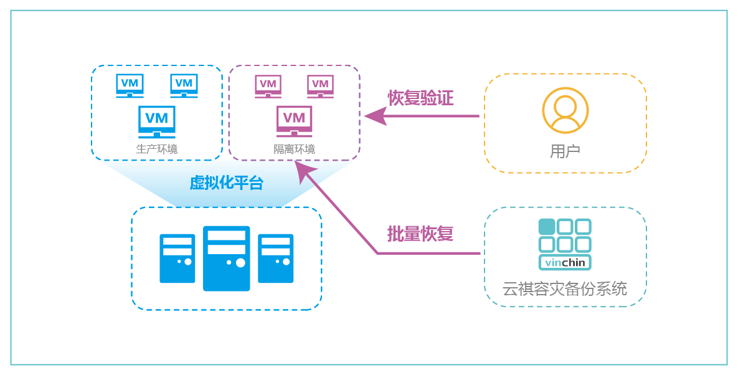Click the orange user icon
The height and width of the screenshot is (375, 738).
[x=565, y=110]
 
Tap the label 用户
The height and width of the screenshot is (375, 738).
[x=565, y=151]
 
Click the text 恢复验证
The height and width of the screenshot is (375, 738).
[x=420, y=98]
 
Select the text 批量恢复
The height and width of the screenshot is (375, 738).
[x=420, y=234]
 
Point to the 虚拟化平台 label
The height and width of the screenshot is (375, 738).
[x=227, y=183]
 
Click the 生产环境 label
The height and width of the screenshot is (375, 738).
[x=156, y=150]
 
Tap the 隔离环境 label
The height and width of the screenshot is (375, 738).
[x=294, y=150]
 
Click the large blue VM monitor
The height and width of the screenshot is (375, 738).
[x=156, y=121]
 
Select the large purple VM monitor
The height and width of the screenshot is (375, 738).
[x=294, y=121]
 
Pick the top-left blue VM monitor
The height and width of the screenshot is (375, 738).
[x=130, y=85]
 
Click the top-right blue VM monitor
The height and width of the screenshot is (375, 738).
[x=184, y=85]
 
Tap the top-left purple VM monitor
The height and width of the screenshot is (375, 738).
[x=268, y=86]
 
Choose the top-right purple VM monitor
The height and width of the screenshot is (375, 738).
[x=320, y=86]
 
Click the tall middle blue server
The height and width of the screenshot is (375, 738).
[x=226, y=258]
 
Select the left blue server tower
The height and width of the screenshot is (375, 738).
[x=177, y=259]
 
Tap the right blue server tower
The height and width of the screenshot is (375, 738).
[x=275, y=259]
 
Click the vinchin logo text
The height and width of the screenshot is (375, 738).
[x=565, y=262]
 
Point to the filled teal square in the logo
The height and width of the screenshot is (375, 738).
[x=547, y=227]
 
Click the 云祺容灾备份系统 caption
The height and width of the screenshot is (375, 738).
[x=564, y=289]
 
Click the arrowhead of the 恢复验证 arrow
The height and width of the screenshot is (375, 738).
[x=374, y=116]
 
